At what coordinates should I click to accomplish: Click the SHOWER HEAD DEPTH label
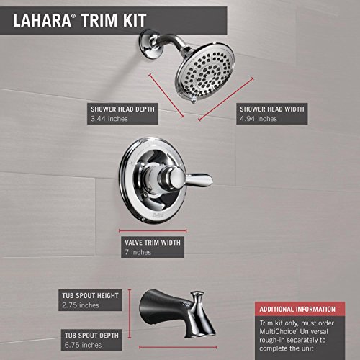point(124,109)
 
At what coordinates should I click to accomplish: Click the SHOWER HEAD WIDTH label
point(272,109)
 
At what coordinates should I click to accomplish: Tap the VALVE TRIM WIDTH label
point(152,243)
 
